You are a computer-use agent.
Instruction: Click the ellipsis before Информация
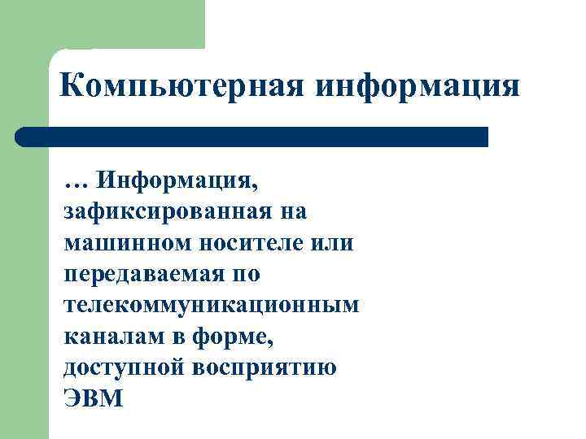[x=74, y=181]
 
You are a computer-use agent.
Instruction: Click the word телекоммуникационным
[x=210, y=306]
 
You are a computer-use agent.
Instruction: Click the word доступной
[x=123, y=367]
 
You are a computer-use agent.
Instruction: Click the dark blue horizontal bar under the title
[x=260, y=137]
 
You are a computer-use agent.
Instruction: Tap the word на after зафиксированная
[x=290, y=213]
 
